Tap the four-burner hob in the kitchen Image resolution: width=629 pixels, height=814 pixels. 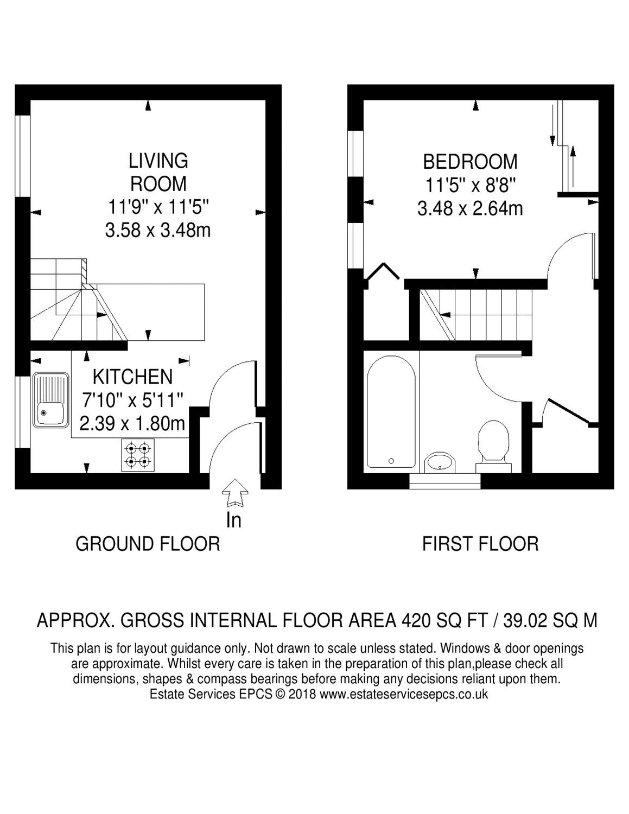click(x=138, y=455)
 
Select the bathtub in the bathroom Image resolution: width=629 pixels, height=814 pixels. click(x=391, y=412)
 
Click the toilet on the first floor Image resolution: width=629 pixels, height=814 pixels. click(x=493, y=446)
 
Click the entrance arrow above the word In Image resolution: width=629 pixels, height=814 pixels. click(x=235, y=493)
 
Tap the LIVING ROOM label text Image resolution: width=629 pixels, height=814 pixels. click(x=158, y=173)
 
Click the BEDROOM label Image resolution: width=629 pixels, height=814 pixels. click(x=470, y=162)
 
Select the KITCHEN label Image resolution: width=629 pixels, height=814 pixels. click(x=132, y=377)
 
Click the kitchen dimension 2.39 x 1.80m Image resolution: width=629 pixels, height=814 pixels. click(x=132, y=424)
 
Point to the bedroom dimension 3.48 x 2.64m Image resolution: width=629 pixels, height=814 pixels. click(x=470, y=208)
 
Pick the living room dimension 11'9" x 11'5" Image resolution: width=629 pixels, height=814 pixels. click(x=158, y=207)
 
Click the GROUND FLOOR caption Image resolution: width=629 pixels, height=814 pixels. click(x=148, y=544)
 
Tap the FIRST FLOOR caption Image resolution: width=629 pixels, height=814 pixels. click(x=480, y=544)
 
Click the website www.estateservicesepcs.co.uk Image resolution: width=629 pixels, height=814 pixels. click(x=404, y=694)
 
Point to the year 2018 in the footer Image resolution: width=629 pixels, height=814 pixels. click(x=302, y=694)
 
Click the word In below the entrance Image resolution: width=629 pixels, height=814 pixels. click(x=234, y=520)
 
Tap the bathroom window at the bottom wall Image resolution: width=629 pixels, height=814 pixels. click(x=444, y=481)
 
